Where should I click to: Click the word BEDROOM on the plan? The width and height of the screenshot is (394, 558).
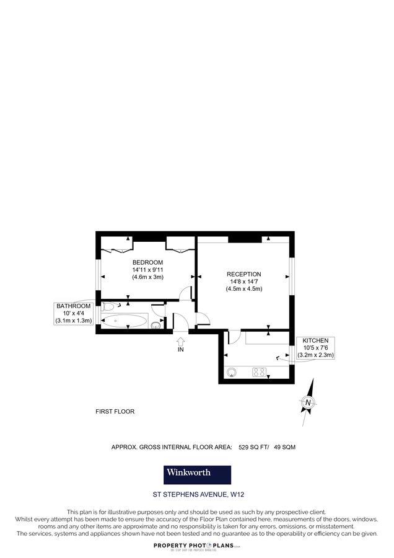[147, 262]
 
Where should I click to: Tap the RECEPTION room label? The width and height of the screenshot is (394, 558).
[243, 274]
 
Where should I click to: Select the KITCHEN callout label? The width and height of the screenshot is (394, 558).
[315, 341]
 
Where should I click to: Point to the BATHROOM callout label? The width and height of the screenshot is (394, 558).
[74, 306]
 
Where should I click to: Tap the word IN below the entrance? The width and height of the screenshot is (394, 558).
[181, 350]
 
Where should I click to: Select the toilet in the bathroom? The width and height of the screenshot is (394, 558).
[110, 306]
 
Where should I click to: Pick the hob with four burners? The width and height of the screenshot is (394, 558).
[258, 372]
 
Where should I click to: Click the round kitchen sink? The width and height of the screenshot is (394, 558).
[232, 373]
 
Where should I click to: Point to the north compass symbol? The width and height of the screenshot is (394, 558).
[308, 404]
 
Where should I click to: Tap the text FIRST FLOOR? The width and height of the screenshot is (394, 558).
[115, 411]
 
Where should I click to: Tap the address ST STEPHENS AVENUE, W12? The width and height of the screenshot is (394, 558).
[198, 495]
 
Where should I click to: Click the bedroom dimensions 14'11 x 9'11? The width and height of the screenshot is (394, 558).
[147, 270]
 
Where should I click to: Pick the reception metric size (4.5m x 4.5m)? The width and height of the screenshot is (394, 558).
[243, 289]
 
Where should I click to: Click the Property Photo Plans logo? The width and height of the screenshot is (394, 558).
[197, 546]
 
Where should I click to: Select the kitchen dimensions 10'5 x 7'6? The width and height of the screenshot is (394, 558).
[315, 348]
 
